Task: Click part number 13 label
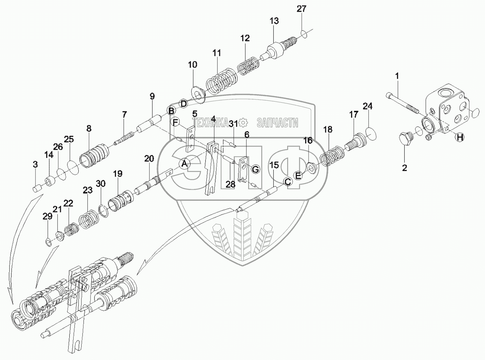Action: click(x=274, y=21)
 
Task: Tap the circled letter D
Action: click(x=184, y=103)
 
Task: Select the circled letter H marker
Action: click(x=459, y=137)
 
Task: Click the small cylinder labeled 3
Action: click(x=36, y=188)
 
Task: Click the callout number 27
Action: click(x=301, y=9)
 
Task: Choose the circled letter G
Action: click(x=255, y=169)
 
